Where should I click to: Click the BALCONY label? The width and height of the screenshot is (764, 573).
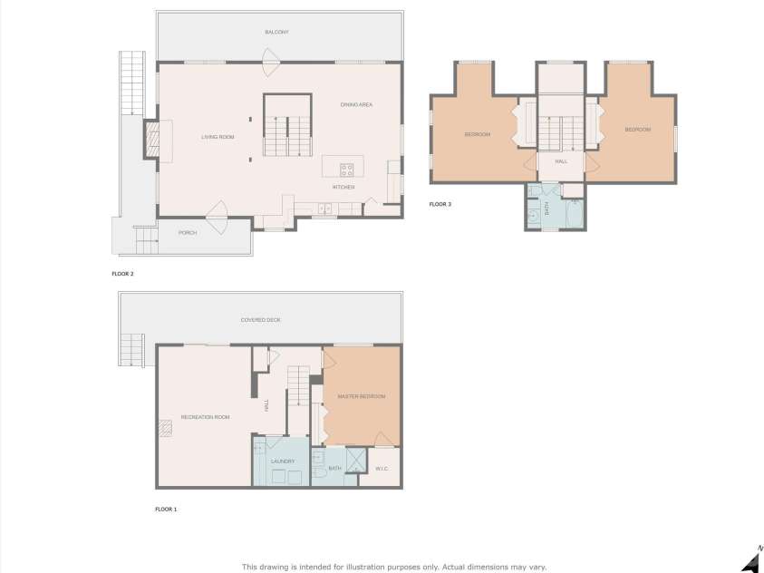[x=277, y=32]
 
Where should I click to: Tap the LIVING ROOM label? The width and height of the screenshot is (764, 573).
[x=218, y=137]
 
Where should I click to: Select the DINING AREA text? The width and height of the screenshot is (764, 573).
[x=356, y=105]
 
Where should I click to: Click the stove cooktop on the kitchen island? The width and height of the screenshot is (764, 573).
[x=346, y=168]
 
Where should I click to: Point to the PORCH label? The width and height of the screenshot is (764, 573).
[x=188, y=233]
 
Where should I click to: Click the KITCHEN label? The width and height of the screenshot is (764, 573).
[x=343, y=187]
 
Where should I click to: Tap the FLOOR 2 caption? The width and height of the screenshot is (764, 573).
[x=122, y=273]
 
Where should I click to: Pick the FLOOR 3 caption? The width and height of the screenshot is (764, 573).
[x=440, y=204]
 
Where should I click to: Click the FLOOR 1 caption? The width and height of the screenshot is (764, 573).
[x=166, y=510]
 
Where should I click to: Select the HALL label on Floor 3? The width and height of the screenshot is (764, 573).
[x=561, y=162]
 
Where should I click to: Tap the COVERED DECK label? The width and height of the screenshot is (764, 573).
[x=261, y=320]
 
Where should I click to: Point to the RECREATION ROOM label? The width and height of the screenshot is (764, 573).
[x=205, y=417]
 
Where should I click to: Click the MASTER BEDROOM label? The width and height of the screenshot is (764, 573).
[x=362, y=397]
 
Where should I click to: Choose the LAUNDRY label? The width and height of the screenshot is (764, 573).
[x=283, y=461]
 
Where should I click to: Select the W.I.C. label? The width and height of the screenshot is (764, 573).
[x=382, y=469]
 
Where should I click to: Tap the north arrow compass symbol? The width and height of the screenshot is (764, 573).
[x=751, y=559]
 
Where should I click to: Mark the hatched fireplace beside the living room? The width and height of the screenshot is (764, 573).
[x=151, y=141]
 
